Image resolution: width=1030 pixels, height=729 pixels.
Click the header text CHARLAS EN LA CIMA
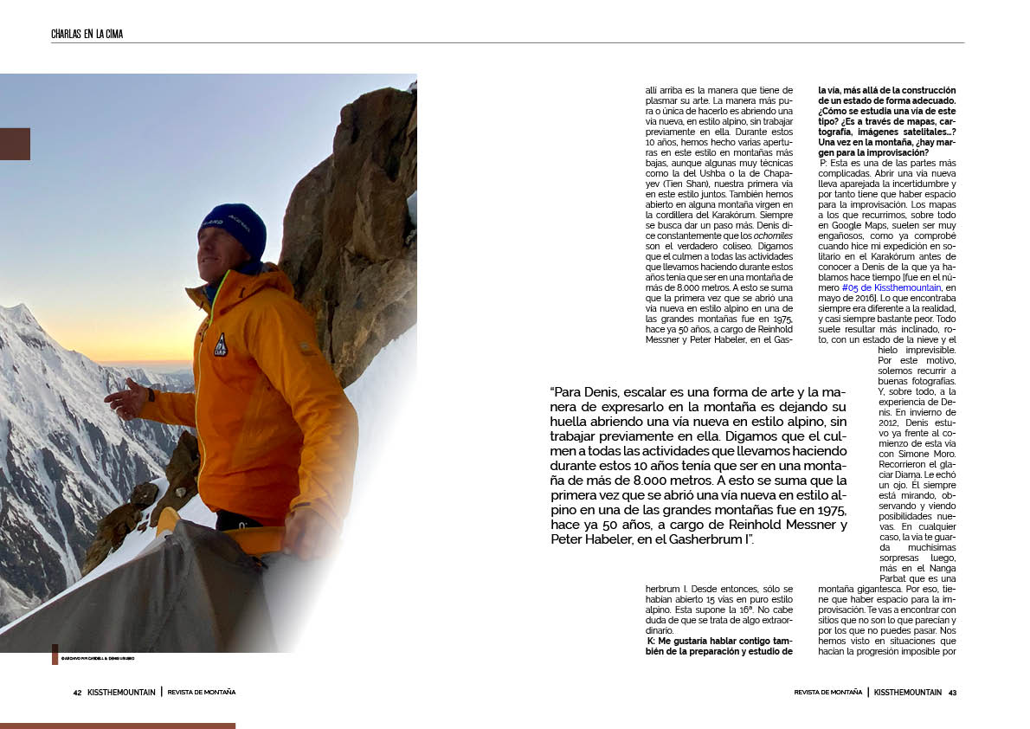(x=87, y=35)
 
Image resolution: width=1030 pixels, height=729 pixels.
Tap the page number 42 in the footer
(x=77, y=693)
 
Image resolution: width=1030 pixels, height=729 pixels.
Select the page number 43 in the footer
(x=952, y=693)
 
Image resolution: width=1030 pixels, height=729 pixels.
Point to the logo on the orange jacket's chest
(x=221, y=345)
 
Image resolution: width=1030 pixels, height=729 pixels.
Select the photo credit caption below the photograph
(x=97, y=659)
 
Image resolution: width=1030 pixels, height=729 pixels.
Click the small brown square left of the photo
(x=15, y=144)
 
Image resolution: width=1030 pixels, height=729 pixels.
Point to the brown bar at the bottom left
(x=117, y=726)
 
